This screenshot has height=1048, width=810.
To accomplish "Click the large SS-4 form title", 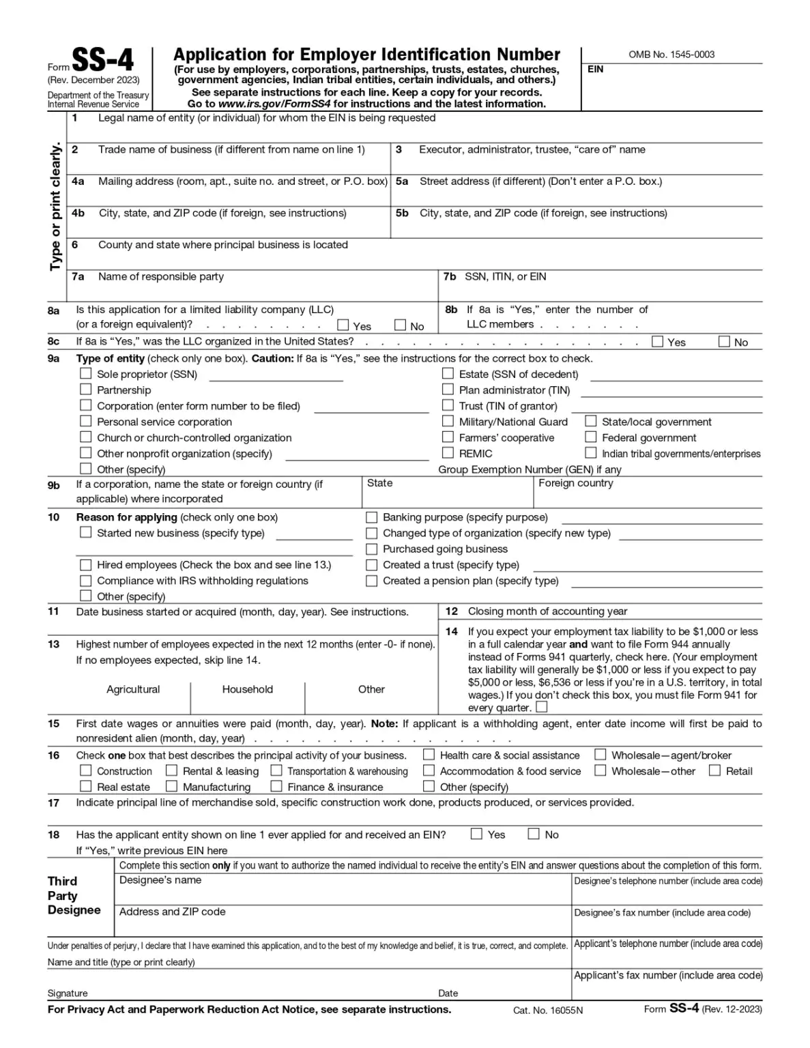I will pyautogui.click(x=102, y=61).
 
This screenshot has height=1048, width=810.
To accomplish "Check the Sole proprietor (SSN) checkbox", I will pyautogui.click(x=86, y=373).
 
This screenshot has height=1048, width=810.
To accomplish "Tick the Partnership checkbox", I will pyautogui.click(x=86, y=389).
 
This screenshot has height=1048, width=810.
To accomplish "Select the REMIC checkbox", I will pyautogui.click(x=448, y=452).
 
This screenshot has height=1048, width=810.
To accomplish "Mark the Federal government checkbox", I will pyautogui.click(x=591, y=437).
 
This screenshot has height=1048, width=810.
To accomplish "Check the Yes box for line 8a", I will pyautogui.click(x=343, y=325).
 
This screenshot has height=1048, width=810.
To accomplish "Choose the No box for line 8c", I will pyautogui.click(x=724, y=341).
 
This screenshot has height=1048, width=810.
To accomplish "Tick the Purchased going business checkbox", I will pyautogui.click(x=372, y=549).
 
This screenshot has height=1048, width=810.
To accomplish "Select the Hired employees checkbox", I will pyautogui.click(x=86, y=564).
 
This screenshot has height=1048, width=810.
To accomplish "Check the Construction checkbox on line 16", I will pyautogui.click(x=86, y=770).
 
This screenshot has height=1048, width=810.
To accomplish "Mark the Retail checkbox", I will pyautogui.click(x=714, y=770).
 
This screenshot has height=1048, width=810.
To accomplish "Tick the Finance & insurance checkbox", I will pyautogui.click(x=276, y=786).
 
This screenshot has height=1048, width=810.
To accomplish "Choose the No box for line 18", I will pyautogui.click(x=534, y=834).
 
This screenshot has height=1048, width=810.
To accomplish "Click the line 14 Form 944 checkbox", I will pyautogui.click(x=542, y=707).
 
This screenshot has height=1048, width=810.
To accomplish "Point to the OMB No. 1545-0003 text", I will pyautogui.click(x=671, y=55).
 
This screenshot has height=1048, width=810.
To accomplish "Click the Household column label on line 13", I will pyautogui.click(x=247, y=689).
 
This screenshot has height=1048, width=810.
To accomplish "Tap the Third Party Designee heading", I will pyautogui.click(x=74, y=895).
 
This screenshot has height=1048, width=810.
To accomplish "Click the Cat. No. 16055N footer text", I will pyautogui.click(x=548, y=1010).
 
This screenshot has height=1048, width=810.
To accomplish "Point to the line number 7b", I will pyautogui.click(x=450, y=276).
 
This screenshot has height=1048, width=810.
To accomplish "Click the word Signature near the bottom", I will pyautogui.click(x=68, y=993).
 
